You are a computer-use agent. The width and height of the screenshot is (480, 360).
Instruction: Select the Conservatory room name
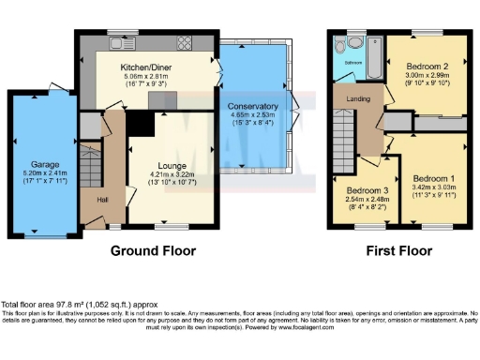click(252, 107)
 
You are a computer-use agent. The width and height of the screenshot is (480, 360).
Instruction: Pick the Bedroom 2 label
click(425, 67)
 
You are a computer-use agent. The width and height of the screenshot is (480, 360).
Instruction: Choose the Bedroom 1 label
click(434, 178)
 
